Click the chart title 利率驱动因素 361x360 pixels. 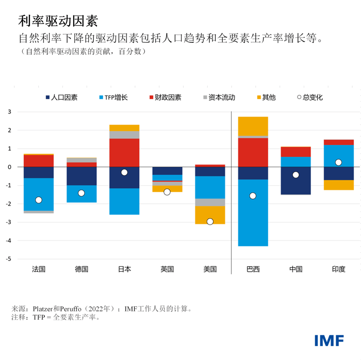pos(58,21)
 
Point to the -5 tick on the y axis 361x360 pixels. pos(8,259)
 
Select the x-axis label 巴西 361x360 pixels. pos(253,269)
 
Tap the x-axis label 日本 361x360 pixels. pos(124,269)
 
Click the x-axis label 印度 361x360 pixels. pos(338,269)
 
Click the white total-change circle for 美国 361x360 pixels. pos(210,221)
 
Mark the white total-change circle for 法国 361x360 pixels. pos(39,200)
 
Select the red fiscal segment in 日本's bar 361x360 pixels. pos(124,153)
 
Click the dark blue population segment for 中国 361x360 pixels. pos(296,181)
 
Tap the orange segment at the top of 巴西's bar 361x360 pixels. pos(253,126)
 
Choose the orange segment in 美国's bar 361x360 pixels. pos(210,215)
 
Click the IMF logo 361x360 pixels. pos(330,340)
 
